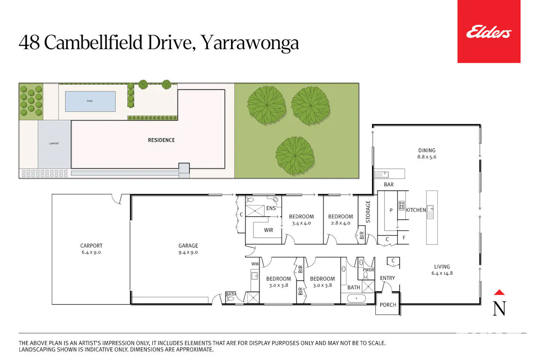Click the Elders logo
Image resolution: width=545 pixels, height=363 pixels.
pos(489,31)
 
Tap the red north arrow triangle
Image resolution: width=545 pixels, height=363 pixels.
pos(499,292)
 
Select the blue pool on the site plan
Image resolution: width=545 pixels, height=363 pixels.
pos(90,101)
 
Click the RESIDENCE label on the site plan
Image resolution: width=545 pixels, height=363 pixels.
pos(161,140)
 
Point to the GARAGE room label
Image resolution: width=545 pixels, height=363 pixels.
pos(188,245)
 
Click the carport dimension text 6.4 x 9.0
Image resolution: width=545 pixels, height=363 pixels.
pos(91,252)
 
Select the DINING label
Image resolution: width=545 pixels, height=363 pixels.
pos(427,150)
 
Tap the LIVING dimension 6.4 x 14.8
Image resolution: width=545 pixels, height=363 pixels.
pos(442,273)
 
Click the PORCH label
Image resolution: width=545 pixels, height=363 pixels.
pos(388,305)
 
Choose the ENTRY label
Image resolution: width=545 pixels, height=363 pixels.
pos(387,278)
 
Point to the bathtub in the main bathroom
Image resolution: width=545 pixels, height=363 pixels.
pos(356,298)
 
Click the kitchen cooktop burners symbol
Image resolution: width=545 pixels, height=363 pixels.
pos(401,206)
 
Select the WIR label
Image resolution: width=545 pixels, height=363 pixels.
pos(269,230)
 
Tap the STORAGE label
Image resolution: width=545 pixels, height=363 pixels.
pos(368,212)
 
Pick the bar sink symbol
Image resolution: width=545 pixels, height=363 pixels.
pos(381,174)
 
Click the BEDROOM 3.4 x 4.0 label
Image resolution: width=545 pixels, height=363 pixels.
pos(302,220)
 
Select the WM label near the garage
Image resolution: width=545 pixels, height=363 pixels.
pos(255,264)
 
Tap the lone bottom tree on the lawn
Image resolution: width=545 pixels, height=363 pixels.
pos(295,156)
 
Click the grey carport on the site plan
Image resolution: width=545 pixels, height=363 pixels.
pos(54,144)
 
